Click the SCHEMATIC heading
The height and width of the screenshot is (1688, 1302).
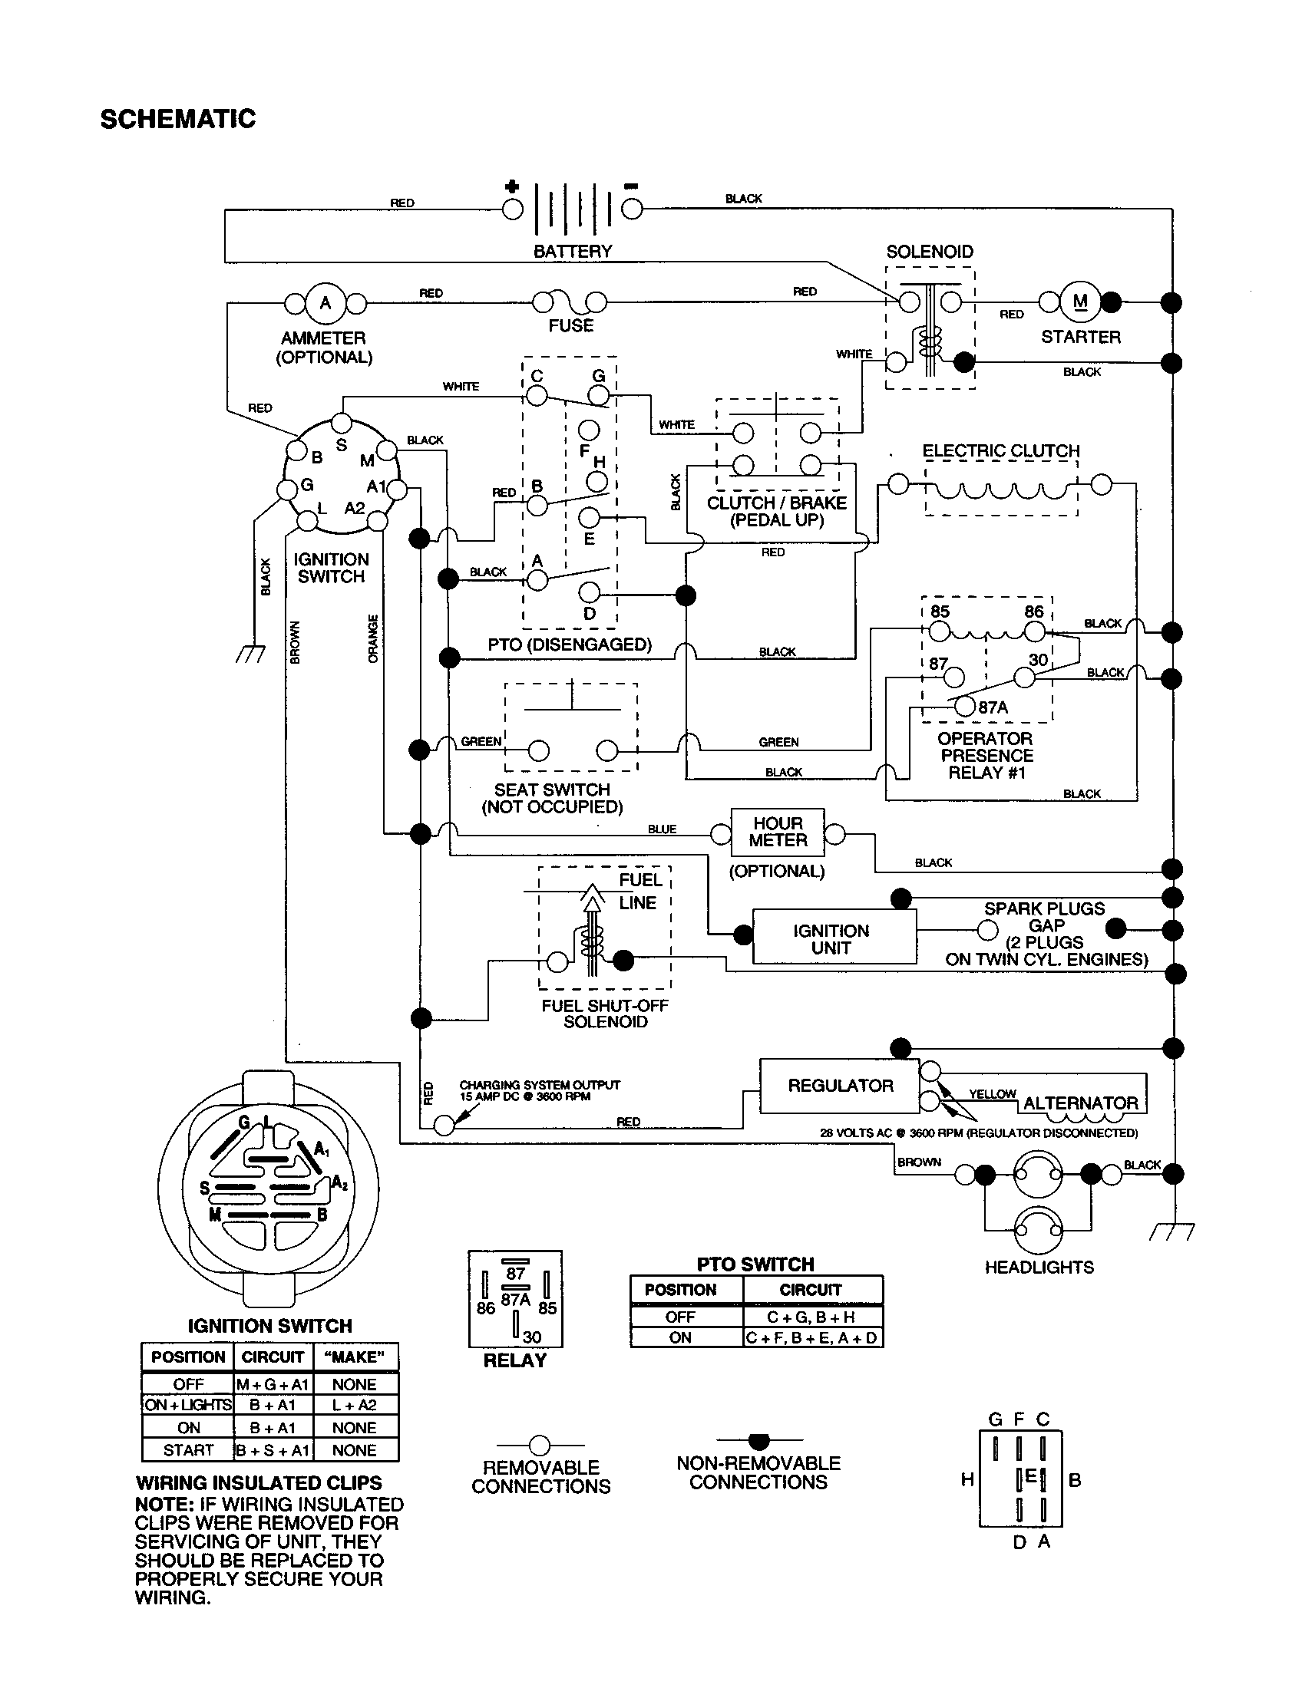point(178,119)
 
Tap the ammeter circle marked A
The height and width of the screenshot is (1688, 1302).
point(325,303)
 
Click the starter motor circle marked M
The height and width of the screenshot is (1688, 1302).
point(1080,302)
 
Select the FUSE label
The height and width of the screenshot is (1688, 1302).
point(570,326)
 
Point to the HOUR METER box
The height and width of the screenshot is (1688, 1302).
point(778,832)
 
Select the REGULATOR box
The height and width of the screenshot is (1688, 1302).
point(840,1085)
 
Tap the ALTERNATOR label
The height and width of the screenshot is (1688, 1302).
point(1080,1103)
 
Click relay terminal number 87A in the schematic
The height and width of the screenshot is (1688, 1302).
point(993,707)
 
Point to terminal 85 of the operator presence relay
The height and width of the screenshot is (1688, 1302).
point(940,612)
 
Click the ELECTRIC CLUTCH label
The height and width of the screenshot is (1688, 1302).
point(1000,450)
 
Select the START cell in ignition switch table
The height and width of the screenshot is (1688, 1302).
point(188,1450)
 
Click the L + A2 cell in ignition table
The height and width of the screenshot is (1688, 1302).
point(354,1405)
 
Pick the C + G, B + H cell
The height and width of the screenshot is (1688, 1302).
point(811,1317)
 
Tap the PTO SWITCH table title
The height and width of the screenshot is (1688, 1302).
point(755,1264)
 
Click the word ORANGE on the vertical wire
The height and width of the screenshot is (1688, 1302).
point(373,639)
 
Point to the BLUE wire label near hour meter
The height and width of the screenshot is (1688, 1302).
point(662,829)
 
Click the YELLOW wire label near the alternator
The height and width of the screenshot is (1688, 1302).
point(992,1093)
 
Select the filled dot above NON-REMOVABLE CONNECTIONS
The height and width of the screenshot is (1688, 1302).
point(759,1441)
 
